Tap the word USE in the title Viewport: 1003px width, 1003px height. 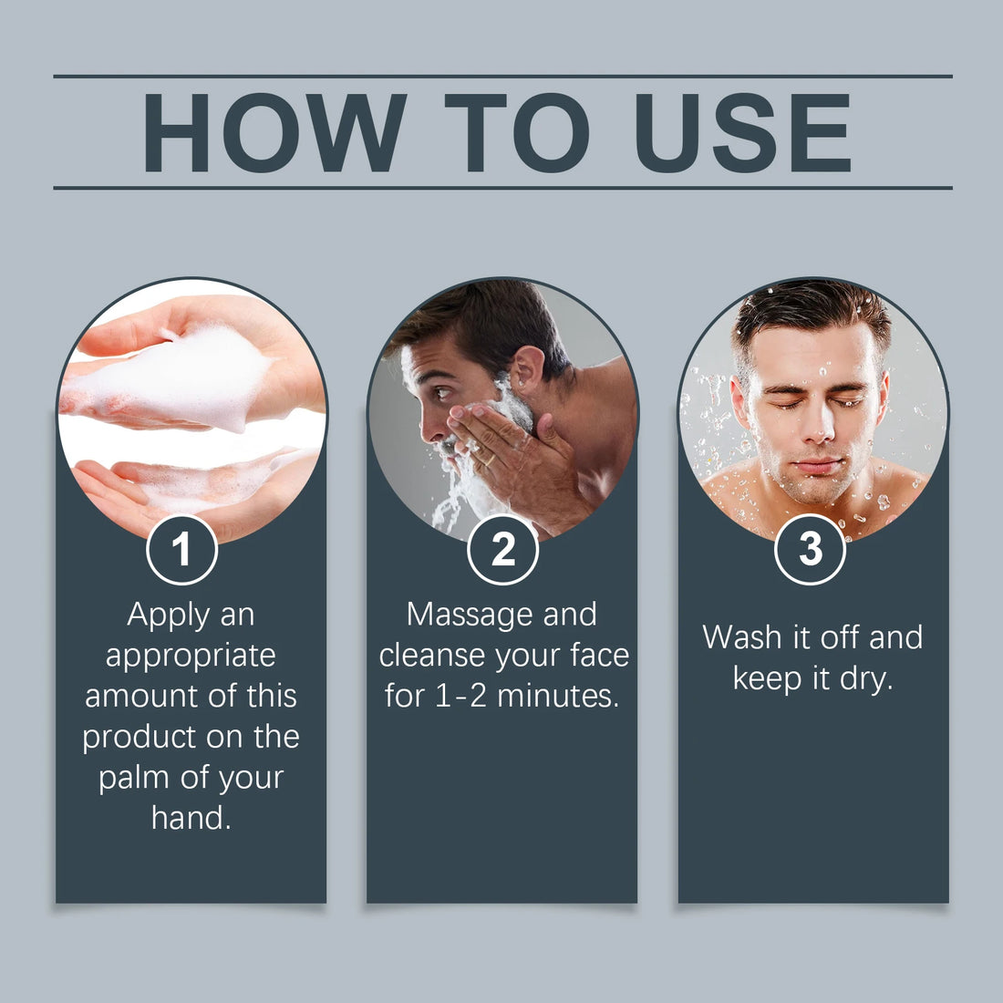742,132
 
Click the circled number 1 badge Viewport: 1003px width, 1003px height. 182,550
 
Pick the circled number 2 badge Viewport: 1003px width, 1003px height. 502,550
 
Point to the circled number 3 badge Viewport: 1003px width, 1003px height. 810,550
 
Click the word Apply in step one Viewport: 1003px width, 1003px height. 169,616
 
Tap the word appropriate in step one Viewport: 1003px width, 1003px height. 191,657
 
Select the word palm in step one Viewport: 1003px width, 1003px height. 134,779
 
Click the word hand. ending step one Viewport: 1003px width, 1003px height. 191,818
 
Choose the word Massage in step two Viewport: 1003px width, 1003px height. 470,616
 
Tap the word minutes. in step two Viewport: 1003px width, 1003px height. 558,696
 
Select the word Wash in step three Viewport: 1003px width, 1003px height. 742,637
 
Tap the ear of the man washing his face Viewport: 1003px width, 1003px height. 527,372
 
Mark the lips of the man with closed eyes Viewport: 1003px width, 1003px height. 816,466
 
